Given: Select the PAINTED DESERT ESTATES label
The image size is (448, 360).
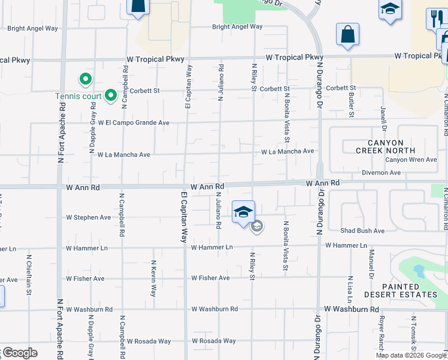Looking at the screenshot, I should coord(401,291).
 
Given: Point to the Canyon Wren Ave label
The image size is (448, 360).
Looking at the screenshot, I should coord(411,160).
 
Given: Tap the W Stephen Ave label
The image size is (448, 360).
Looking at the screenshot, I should coord(89,217).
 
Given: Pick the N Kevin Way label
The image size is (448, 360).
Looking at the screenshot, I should coord(154,277).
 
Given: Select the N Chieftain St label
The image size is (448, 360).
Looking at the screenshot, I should coord(29,275).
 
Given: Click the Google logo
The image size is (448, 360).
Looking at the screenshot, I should coord(19,353).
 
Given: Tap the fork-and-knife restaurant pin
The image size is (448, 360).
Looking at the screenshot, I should coord(435,19).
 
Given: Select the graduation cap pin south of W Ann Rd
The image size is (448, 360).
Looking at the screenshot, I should coord(244,213).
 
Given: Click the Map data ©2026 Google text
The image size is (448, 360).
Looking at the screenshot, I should coord(411,355).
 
